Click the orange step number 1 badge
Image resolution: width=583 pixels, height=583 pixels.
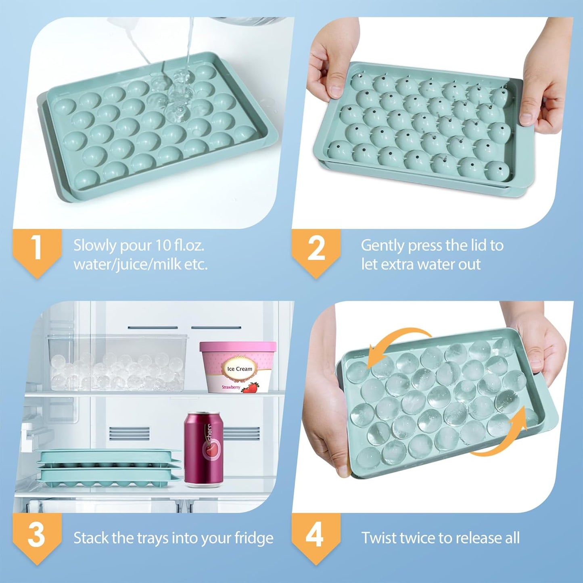(x=37, y=249)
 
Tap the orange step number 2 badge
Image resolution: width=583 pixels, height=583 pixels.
(x=316, y=249)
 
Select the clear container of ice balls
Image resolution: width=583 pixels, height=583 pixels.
(x=117, y=363)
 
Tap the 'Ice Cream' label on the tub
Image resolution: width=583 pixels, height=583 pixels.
(x=240, y=369)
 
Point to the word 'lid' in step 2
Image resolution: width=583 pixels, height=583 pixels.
(x=479, y=245)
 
